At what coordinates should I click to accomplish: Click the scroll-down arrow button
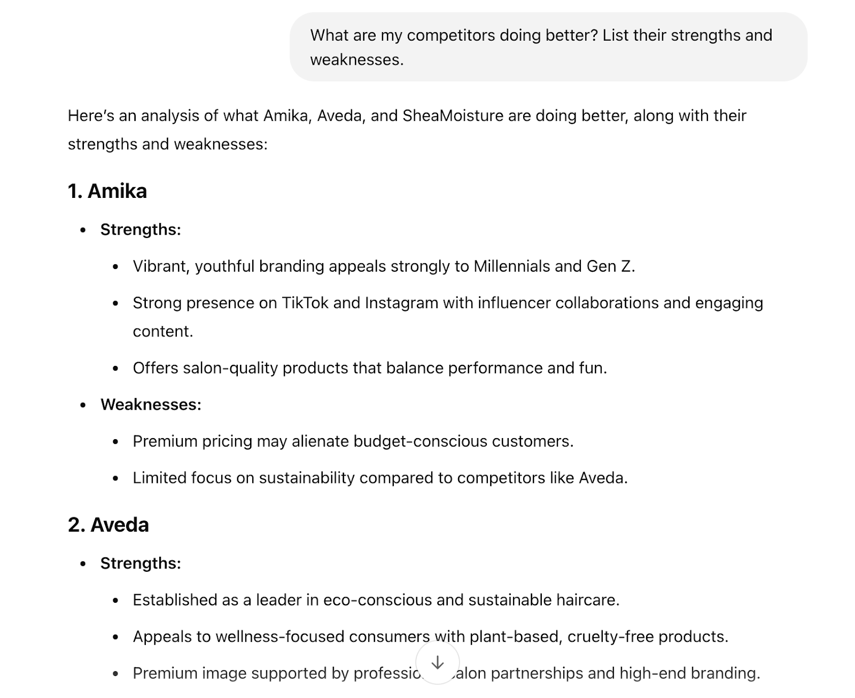pos(437,663)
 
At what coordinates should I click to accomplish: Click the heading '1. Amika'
pos(107,191)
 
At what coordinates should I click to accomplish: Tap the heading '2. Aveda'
pos(108,525)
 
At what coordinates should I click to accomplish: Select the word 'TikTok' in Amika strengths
pos(305,303)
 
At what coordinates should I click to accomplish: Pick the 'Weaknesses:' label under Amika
pos(151,404)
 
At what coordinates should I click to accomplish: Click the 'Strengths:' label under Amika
pos(141,229)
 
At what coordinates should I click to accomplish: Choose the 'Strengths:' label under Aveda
pos(141,563)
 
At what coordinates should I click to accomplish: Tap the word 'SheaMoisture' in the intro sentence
pos(453,116)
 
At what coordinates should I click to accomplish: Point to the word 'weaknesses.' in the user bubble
pos(356,60)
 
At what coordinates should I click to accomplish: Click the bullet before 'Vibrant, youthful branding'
pos(115,266)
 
